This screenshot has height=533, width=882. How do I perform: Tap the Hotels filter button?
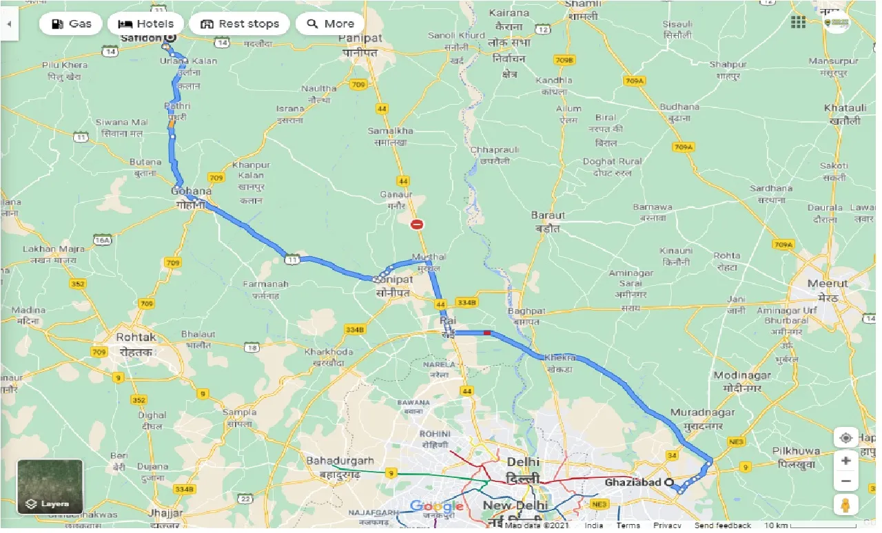(x=145, y=23)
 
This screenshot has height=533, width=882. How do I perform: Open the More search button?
(x=330, y=23)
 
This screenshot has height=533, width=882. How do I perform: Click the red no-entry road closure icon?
(x=417, y=224)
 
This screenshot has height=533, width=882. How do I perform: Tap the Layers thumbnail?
(x=50, y=487)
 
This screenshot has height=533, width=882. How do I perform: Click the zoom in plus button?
(x=845, y=461)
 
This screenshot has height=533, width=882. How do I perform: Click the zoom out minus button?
(x=845, y=481)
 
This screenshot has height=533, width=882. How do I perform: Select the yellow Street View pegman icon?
(x=845, y=504)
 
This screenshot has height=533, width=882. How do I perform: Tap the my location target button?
(x=845, y=438)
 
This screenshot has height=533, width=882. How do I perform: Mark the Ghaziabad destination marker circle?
(x=668, y=483)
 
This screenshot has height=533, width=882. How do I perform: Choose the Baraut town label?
(x=548, y=216)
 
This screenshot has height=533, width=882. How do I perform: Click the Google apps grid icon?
(x=798, y=23)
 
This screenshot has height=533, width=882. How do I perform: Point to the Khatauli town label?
(x=845, y=109)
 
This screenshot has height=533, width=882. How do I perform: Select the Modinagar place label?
(x=742, y=375)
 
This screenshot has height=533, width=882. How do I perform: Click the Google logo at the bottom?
(x=436, y=507)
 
